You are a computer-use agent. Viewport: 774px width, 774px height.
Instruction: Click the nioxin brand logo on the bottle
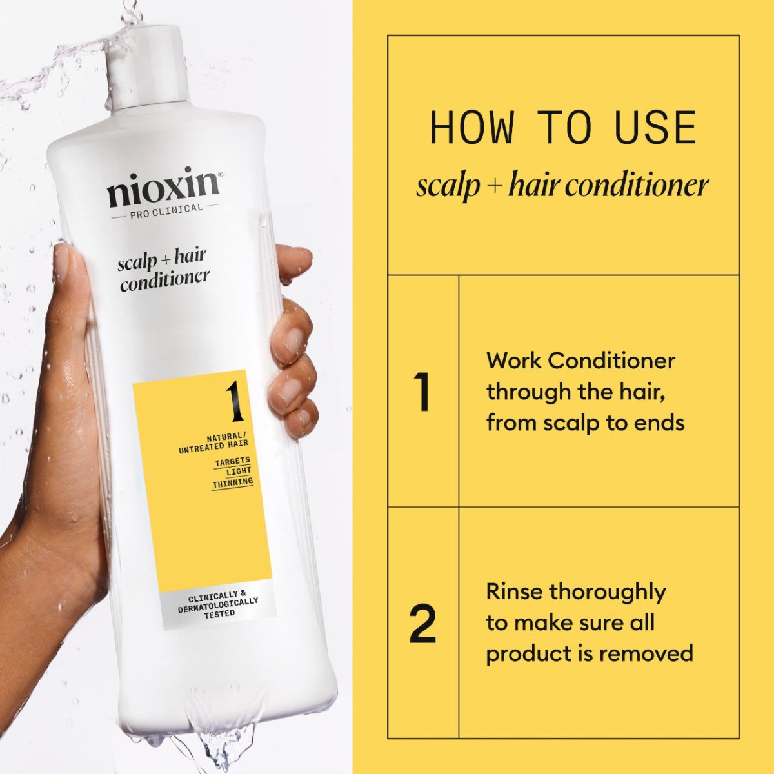point(163,187)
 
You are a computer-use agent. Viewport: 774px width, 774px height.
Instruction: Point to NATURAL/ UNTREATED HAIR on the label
point(214,442)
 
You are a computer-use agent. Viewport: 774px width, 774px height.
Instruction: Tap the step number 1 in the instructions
point(423,392)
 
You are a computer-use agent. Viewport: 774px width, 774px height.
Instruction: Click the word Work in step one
point(514,360)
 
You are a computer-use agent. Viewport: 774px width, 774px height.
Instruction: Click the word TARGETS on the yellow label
point(232,461)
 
